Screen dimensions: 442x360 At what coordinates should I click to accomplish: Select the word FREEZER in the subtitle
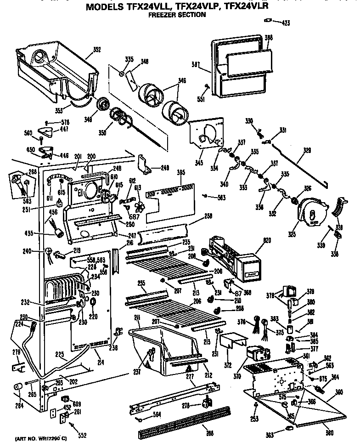tap(161, 15)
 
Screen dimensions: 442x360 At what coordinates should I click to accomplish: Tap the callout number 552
tap(82, 435)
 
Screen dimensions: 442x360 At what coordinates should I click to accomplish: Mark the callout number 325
tap(304, 235)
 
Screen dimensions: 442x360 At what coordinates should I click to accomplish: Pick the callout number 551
tap(200, 98)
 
